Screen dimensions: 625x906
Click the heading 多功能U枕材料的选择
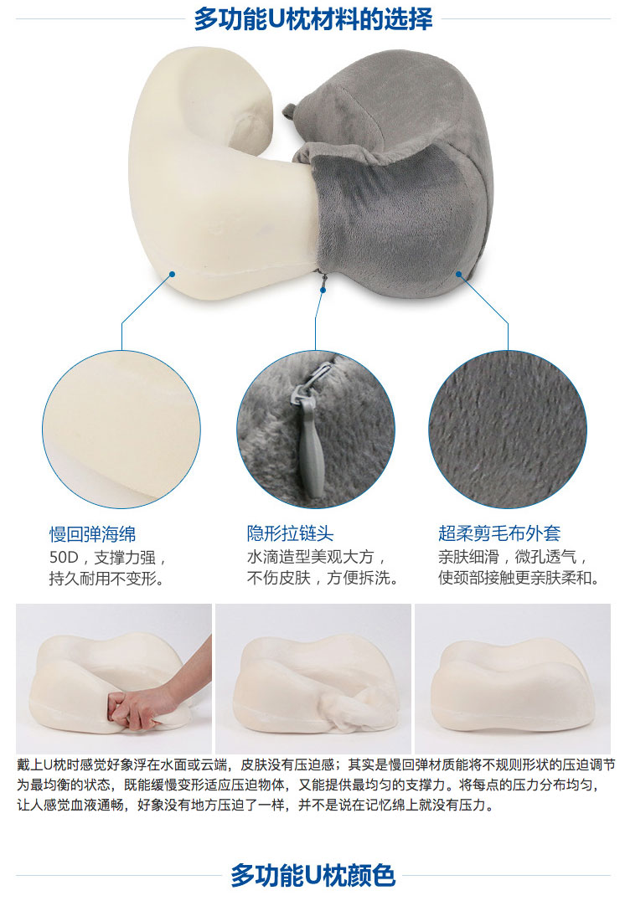click(x=312, y=18)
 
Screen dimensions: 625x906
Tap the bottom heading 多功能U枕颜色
click(x=312, y=875)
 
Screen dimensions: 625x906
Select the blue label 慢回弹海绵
click(x=92, y=534)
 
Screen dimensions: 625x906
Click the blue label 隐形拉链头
click(x=290, y=533)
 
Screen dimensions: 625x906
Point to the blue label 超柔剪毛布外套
click(x=499, y=533)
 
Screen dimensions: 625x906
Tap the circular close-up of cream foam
click(x=121, y=430)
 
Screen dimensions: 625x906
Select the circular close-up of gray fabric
click(x=508, y=430)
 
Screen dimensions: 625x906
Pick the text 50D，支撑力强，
click(x=109, y=558)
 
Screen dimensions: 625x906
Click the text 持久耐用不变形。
click(x=107, y=579)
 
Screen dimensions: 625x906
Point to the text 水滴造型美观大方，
click(x=318, y=557)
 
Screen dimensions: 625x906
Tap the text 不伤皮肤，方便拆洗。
click(x=323, y=578)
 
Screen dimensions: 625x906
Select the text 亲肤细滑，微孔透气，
click(x=514, y=557)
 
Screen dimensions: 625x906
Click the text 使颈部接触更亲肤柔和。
click(x=519, y=578)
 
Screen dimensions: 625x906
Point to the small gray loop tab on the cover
click(x=290, y=110)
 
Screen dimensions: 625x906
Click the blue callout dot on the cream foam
click(x=173, y=274)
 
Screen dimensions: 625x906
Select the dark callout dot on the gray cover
click(x=459, y=274)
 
